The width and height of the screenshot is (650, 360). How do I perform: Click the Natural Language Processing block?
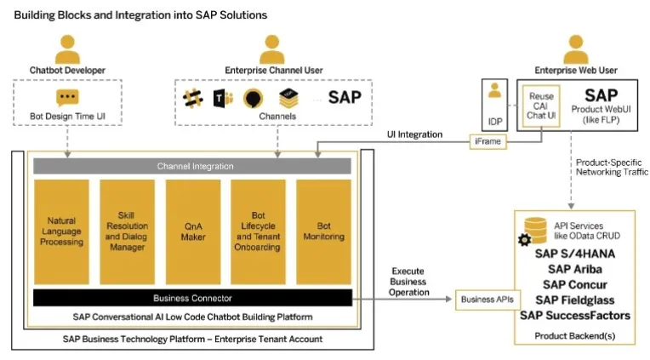click(x=61, y=231)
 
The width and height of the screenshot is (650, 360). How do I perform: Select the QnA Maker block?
click(x=193, y=231)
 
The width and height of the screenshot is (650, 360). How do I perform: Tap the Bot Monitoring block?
click(x=323, y=231)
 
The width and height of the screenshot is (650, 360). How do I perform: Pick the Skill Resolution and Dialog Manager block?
click(x=127, y=231)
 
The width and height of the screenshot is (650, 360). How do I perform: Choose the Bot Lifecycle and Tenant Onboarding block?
click(x=258, y=231)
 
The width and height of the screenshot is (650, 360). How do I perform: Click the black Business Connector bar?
click(x=192, y=298)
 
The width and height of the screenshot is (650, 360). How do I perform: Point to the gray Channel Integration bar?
click(x=192, y=166)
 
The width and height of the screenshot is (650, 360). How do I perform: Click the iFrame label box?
click(x=487, y=141)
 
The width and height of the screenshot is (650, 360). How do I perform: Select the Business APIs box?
click(x=487, y=300)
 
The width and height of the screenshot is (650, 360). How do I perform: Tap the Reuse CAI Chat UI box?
click(x=541, y=106)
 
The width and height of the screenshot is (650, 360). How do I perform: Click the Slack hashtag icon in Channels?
click(x=193, y=99)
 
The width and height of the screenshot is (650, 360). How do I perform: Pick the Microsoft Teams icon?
click(x=223, y=99)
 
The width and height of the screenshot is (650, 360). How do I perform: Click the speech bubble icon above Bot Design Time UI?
click(x=67, y=98)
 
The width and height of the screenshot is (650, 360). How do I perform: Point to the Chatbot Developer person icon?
click(x=67, y=49)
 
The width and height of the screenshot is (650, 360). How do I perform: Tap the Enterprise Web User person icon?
click(x=576, y=49)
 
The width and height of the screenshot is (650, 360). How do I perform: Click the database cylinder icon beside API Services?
click(x=535, y=231)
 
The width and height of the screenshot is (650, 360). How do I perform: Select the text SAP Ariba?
click(x=575, y=269)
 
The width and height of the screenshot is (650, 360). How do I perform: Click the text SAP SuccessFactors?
click(x=575, y=315)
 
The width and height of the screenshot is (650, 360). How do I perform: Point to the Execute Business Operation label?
click(x=408, y=282)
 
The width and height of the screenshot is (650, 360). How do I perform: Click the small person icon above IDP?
click(x=494, y=90)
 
